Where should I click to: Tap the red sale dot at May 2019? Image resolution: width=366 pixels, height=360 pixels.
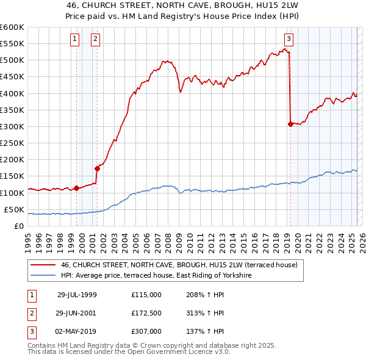pyautogui.click(x=290, y=124)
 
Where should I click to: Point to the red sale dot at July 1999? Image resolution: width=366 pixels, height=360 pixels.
pyautogui.click(x=77, y=188)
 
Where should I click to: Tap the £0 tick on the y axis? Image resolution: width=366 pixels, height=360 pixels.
pyautogui.click(x=19, y=226)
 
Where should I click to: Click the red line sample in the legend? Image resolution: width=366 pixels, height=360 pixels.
pyautogui.click(x=43, y=265)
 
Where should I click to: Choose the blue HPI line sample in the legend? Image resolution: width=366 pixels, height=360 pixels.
pyautogui.click(x=43, y=276)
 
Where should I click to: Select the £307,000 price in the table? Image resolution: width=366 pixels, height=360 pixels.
pyautogui.click(x=146, y=331)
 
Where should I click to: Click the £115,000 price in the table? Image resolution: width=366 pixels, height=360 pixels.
pyautogui.click(x=146, y=295)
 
